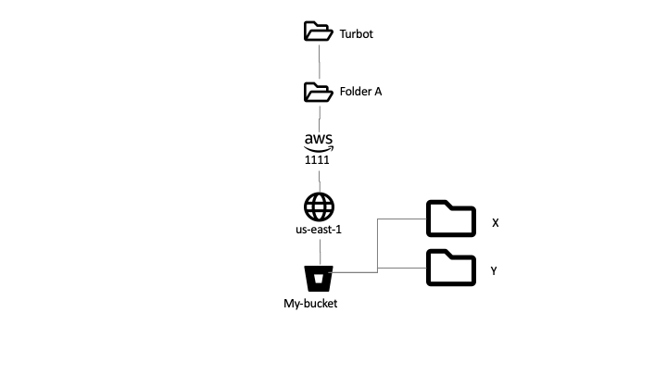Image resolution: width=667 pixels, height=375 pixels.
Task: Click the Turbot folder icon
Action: [x=318, y=32]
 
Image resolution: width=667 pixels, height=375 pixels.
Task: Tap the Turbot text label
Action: [x=357, y=34]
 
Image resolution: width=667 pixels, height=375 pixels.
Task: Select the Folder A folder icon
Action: [x=318, y=92]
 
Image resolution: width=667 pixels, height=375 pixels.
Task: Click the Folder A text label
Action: [x=360, y=92]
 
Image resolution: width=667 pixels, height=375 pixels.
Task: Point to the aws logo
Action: [x=318, y=142]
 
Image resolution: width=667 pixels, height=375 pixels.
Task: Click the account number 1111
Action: [x=317, y=160]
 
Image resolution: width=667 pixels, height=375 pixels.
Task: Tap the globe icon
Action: [x=318, y=206]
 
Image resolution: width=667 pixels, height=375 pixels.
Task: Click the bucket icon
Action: [x=319, y=278]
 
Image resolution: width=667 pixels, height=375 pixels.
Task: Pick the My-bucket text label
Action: [x=310, y=303]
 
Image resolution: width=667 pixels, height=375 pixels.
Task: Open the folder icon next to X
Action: [x=450, y=219]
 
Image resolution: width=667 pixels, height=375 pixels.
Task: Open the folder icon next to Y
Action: [x=450, y=268]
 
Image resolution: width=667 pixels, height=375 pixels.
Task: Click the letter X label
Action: [x=496, y=223]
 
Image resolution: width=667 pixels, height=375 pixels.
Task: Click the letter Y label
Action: [x=495, y=271]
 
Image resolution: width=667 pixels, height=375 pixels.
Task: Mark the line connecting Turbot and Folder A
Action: [x=319, y=62]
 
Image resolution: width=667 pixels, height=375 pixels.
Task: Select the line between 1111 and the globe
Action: [x=319, y=178]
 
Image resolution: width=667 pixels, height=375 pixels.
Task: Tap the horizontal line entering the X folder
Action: [x=400, y=219]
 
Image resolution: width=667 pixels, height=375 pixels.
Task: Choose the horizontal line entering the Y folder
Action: [x=400, y=269]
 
